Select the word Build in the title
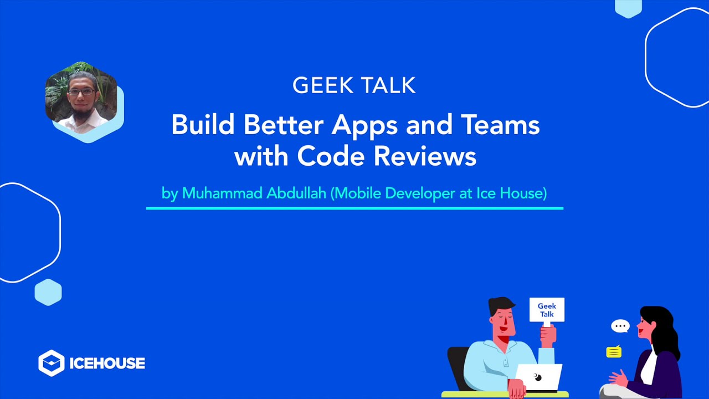click(x=203, y=125)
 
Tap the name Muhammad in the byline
click(x=215, y=193)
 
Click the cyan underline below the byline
click(x=354, y=208)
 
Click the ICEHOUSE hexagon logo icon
click(x=51, y=363)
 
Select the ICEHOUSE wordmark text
click(x=107, y=364)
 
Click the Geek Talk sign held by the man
click(x=547, y=310)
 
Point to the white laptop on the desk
click(x=538, y=377)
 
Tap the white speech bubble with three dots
click(x=620, y=326)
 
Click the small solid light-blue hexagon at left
click(x=48, y=292)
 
